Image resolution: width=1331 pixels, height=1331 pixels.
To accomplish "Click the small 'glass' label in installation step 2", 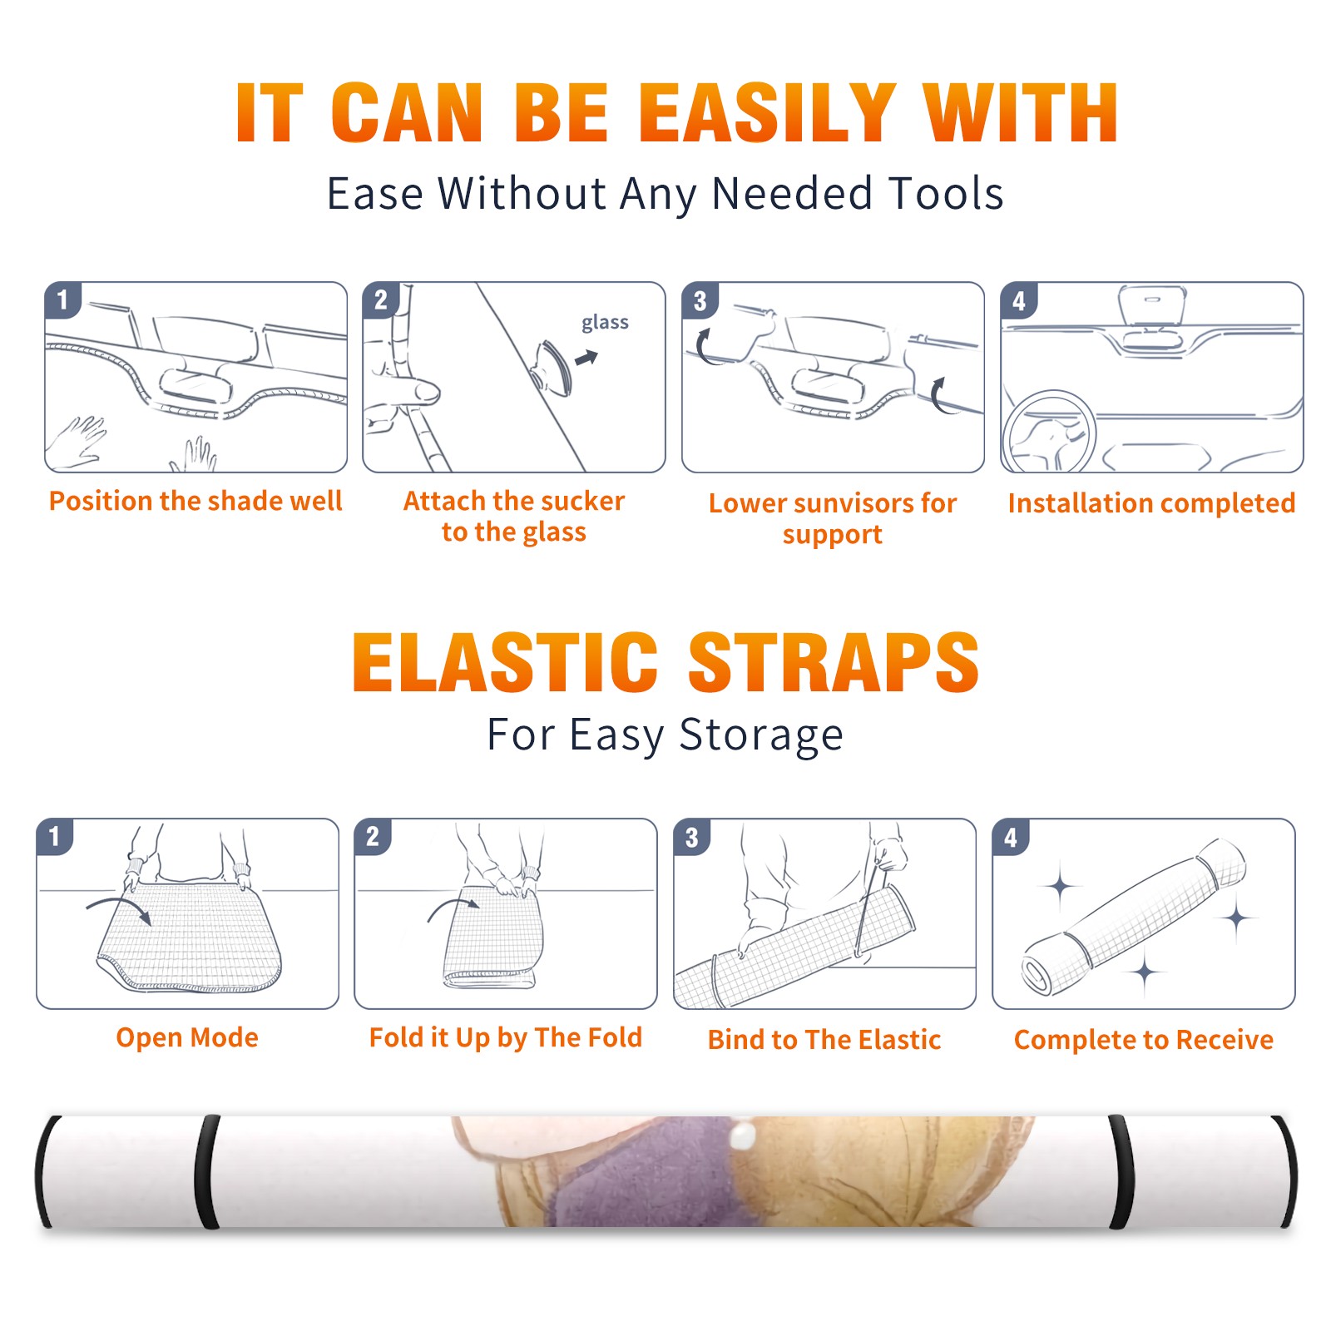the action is coord(605,323).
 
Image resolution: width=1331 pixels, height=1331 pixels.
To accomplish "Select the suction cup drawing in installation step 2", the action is coord(553,367).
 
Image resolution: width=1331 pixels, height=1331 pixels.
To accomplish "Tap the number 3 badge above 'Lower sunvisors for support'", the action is coord(700,300).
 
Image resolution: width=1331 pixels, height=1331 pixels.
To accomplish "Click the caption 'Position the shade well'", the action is coord(195,501).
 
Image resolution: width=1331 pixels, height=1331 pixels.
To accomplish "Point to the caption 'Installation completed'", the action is coord(1151,503).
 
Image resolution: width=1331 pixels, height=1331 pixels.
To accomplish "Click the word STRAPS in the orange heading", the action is coord(834,662).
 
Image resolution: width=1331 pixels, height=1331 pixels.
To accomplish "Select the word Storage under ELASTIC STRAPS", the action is coord(761,735).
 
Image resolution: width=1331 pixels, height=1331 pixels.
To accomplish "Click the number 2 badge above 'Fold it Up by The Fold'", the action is coord(373,837).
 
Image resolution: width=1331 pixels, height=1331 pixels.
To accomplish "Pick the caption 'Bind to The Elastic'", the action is coord(824,1040).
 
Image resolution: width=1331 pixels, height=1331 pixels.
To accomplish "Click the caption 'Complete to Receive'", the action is coord(1143,1040).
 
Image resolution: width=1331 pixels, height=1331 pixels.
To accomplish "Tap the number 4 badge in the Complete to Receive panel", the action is coord(1011,837).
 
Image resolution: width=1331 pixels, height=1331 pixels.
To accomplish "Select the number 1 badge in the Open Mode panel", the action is coord(55,837).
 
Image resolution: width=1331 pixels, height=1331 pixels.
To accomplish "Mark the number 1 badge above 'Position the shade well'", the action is coord(62,299).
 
